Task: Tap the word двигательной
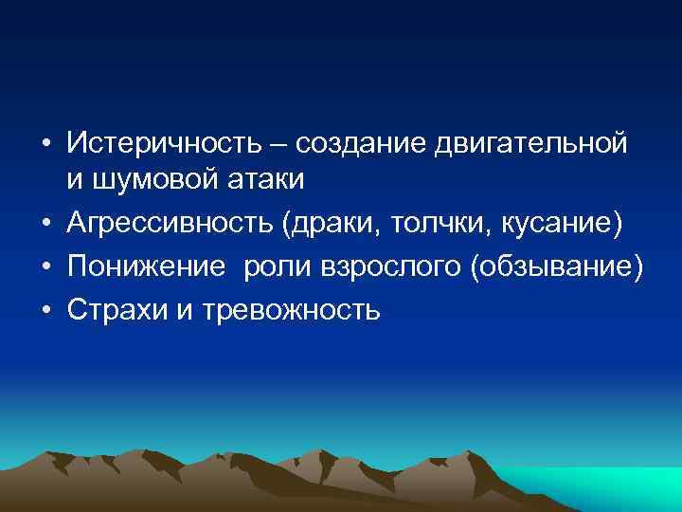[531, 144]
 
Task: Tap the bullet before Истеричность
[45, 144]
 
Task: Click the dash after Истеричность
[281, 145]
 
